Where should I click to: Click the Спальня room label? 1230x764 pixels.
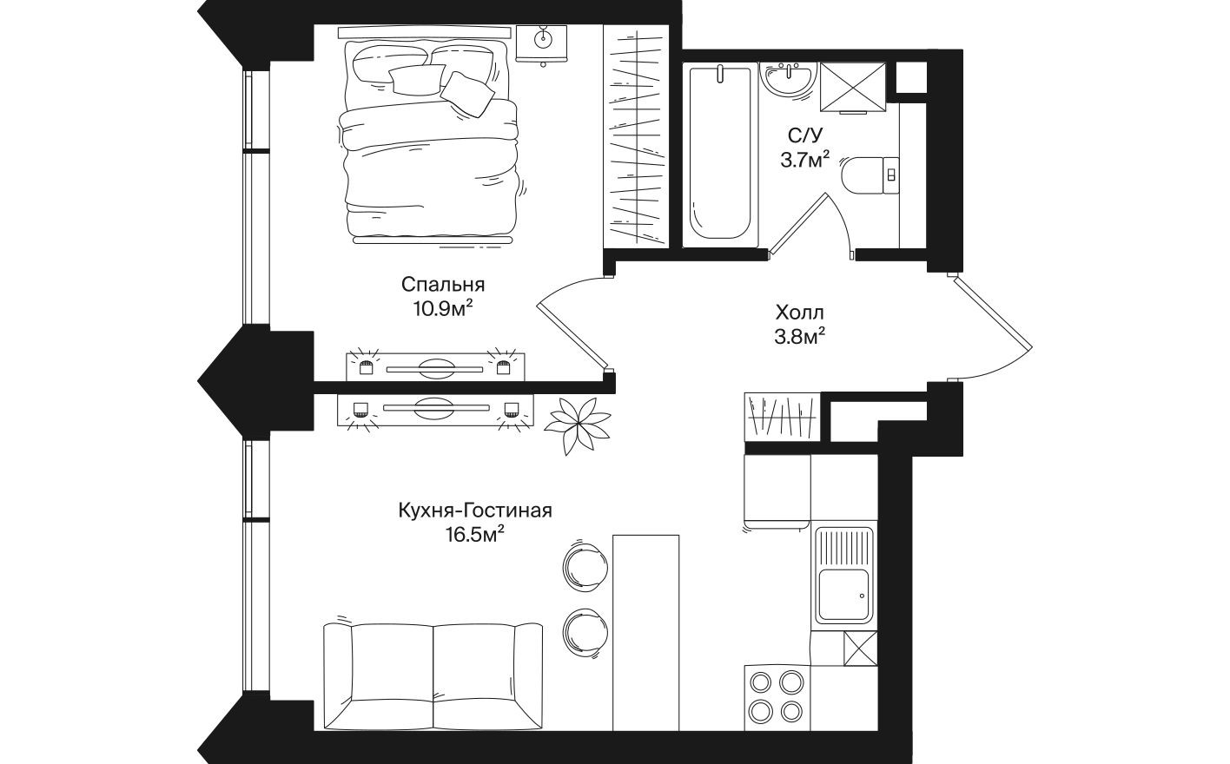442,284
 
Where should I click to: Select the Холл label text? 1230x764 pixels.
798,312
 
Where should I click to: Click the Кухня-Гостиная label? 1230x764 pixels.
474,510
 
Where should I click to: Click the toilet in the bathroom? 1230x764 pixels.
870,173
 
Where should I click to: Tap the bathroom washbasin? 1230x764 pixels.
789,79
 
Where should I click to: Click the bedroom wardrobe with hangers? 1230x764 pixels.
636,134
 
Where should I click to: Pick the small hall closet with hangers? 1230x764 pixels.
781,417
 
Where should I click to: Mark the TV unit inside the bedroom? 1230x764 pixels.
434,366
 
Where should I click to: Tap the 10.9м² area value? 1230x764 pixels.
442,308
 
